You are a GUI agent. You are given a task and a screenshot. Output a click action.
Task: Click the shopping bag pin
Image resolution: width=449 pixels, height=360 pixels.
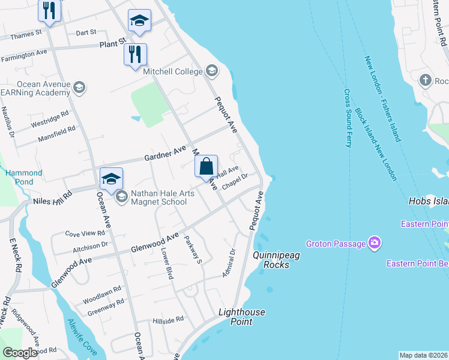[206, 166]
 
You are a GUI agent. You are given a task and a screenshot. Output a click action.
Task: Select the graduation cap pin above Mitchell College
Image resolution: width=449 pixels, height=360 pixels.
[139, 22]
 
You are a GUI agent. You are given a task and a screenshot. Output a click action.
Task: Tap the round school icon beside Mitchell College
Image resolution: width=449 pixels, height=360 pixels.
[211, 71]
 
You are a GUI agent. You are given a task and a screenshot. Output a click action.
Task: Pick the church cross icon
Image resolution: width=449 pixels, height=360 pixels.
[426, 80]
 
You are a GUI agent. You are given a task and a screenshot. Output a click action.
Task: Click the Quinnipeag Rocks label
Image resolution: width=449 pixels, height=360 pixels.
[276, 260]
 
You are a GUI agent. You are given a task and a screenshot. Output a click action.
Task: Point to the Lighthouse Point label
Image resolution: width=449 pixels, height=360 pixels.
[241, 317]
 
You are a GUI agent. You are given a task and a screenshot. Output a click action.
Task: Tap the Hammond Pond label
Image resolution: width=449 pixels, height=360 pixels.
[24, 177]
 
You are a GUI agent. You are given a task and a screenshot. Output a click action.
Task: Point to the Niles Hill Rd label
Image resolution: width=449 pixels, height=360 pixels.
[52, 197]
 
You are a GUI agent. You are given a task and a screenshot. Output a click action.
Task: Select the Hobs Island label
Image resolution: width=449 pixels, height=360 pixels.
[428, 202]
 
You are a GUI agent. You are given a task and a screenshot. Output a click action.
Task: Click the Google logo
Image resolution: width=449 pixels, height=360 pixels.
[20, 353]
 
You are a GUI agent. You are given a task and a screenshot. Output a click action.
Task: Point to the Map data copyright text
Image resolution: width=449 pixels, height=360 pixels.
[423, 355]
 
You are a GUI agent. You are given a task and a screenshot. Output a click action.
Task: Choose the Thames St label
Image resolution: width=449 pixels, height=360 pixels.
[26, 35]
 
